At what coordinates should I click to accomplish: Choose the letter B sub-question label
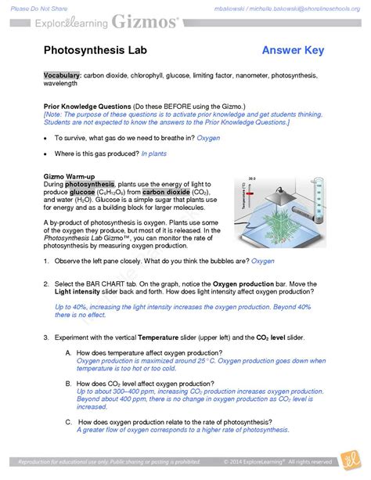[x=69, y=384]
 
